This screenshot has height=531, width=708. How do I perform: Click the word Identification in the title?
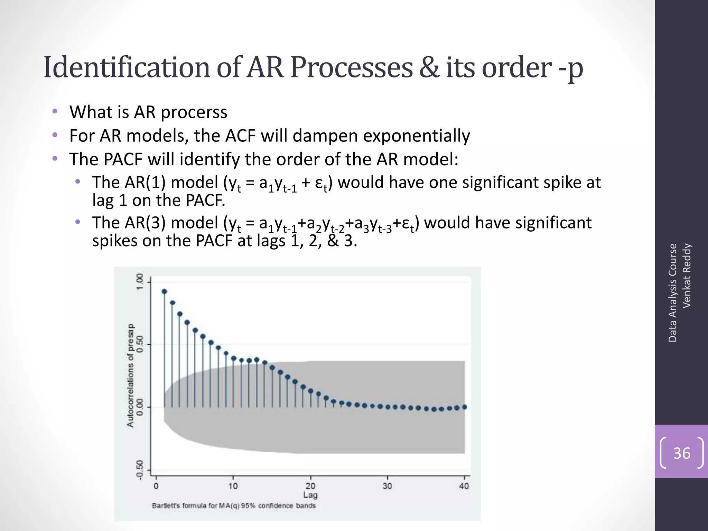(127, 67)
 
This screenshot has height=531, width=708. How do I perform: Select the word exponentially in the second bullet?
(416, 136)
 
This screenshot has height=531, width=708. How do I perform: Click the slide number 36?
(681, 453)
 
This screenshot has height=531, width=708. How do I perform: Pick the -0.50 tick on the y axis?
(140, 470)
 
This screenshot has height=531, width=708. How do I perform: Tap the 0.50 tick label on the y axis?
(140, 344)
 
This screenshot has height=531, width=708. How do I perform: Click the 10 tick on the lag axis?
(233, 486)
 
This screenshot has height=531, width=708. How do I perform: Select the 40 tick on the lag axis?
(464, 486)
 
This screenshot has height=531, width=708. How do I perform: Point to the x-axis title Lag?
(310, 495)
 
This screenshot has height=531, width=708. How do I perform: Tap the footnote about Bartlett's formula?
(234, 506)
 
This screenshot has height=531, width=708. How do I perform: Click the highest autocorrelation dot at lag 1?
(164, 291)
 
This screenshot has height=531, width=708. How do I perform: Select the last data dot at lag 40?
(464, 407)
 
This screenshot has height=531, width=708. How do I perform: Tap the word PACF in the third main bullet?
(123, 159)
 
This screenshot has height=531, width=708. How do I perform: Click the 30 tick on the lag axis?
(387, 486)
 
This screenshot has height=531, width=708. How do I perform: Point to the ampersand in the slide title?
(429, 67)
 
